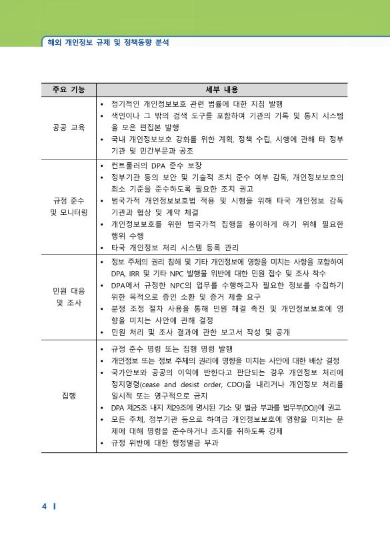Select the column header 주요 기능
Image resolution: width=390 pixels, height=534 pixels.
(68, 90)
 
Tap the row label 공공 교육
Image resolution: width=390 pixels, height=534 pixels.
(68, 127)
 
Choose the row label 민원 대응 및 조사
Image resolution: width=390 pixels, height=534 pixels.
(68, 296)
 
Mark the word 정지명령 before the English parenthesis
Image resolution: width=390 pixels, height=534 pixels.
(125, 385)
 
